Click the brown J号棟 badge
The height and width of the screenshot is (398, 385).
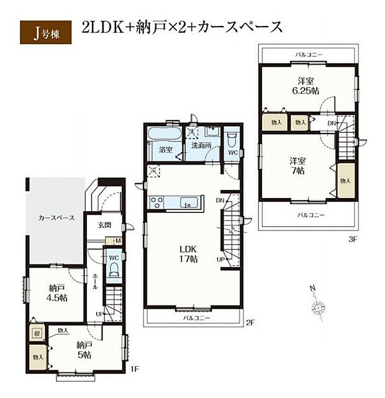point(44,30)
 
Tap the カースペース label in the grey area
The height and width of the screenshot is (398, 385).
point(57,219)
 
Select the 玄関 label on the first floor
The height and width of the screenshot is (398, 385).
point(104,225)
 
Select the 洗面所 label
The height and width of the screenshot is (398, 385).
point(201,146)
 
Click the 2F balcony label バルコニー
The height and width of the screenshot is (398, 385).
point(196,318)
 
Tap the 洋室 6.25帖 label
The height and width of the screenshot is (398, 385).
point(306,85)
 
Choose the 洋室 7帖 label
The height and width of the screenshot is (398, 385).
point(296,166)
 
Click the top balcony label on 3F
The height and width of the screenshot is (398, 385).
point(309,55)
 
